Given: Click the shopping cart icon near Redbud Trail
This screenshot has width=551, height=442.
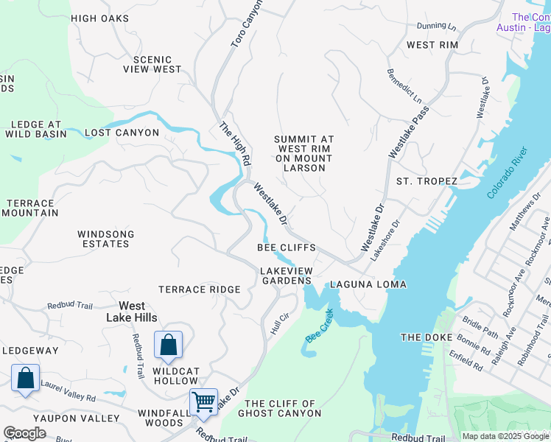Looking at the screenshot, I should [203, 402].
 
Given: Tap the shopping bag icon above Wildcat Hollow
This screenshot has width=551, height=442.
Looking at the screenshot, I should [168, 344].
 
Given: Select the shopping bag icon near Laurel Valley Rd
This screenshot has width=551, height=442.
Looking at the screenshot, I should [26, 378].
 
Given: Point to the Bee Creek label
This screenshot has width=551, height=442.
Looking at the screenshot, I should [317, 325].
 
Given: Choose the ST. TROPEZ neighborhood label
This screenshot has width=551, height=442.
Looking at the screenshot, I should [427, 181].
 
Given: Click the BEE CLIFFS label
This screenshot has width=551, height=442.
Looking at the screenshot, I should [287, 248].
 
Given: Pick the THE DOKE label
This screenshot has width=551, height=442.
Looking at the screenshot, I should [424, 337].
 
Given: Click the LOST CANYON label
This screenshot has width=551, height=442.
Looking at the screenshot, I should [122, 133].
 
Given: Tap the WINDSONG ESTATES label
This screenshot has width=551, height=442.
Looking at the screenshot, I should [106, 239].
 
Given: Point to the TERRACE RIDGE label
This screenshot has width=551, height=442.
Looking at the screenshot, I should [199, 290].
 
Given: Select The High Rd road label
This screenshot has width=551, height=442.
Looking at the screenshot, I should [235, 144].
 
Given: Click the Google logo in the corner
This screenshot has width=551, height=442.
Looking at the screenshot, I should [24, 433].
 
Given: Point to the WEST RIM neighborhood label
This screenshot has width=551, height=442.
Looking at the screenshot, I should [432, 45].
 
